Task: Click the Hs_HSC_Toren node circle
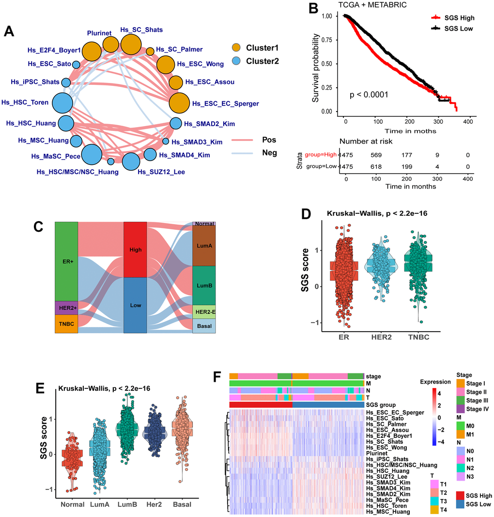[x=62, y=103]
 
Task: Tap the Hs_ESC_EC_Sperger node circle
[x=180, y=103]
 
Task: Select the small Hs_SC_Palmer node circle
[x=150, y=51]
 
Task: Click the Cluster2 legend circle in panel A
[x=236, y=61]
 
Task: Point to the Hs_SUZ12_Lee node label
[x=161, y=171]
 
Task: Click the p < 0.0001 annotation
[x=369, y=95]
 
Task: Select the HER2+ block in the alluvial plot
[x=66, y=308]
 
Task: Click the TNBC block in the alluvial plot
[x=66, y=324]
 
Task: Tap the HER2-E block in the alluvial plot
[x=204, y=311]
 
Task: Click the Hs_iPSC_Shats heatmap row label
[x=387, y=459]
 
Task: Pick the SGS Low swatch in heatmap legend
[x=461, y=504]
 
